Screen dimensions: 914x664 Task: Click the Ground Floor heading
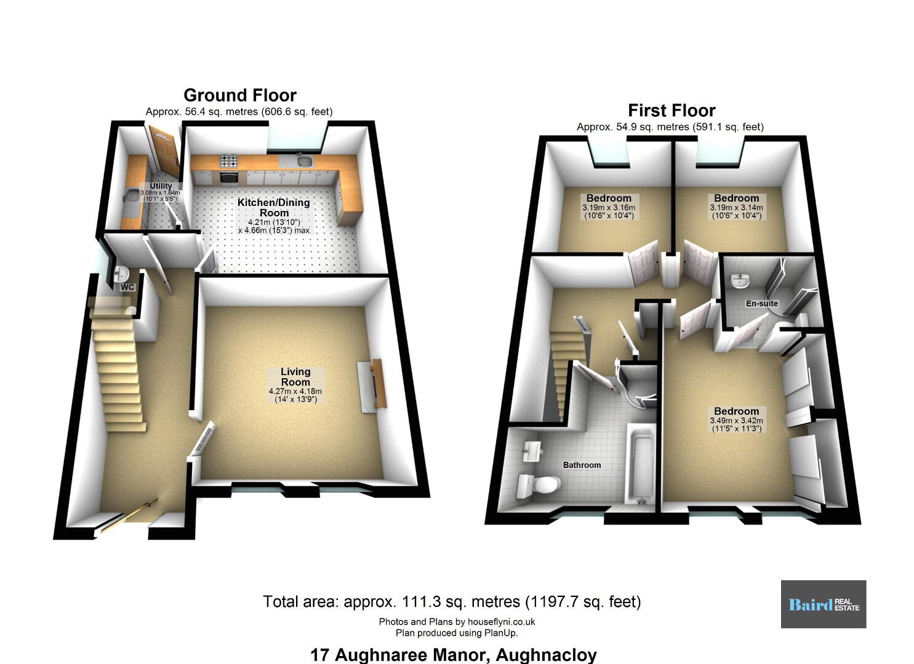[x=240, y=96]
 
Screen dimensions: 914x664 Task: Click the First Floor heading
[x=671, y=111]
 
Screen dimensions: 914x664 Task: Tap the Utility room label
[x=161, y=186]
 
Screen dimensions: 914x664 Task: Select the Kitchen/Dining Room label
[x=274, y=207]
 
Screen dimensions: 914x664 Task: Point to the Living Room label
[x=295, y=377]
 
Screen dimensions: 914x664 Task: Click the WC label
[x=127, y=287]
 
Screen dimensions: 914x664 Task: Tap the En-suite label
[x=762, y=304]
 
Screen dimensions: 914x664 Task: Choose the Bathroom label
[x=582, y=465]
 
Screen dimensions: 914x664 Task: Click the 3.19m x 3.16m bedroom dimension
[x=609, y=207]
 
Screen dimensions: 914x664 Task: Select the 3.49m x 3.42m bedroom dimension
[x=737, y=421]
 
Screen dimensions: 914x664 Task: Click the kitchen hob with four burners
[x=229, y=160]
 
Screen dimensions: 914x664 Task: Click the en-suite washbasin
[x=740, y=281]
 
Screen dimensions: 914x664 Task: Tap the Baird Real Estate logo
[x=824, y=604]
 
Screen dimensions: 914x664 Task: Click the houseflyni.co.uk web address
[x=501, y=622]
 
